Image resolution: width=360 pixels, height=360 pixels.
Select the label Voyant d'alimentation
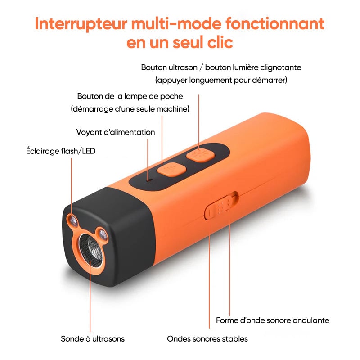click(115, 132)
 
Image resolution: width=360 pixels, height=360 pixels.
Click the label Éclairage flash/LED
click(61, 151)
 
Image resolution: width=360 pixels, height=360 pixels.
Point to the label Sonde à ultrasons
click(93, 338)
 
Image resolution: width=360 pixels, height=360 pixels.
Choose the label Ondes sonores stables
click(207, 338)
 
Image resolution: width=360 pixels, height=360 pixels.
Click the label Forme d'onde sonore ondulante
click(273, 320)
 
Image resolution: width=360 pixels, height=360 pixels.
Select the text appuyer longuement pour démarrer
click(221, 80)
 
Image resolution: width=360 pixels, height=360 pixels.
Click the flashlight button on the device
click(171, 170)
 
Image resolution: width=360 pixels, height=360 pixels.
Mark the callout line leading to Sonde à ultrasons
click(90, 297)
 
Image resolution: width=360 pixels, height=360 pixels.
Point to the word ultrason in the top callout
click(183, 67)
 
